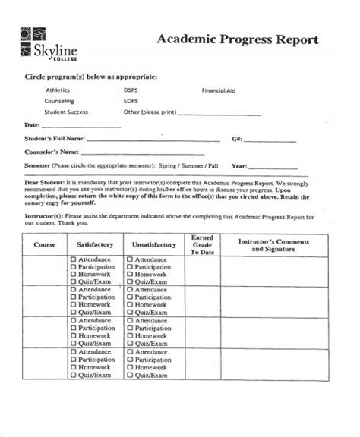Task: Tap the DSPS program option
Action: (131, 90)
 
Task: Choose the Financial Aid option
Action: (219, 90)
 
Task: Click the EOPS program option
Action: (131, 101)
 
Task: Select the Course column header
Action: (44, 245)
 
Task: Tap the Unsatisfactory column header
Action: (154, 245)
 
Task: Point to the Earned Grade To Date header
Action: (201, 245)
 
